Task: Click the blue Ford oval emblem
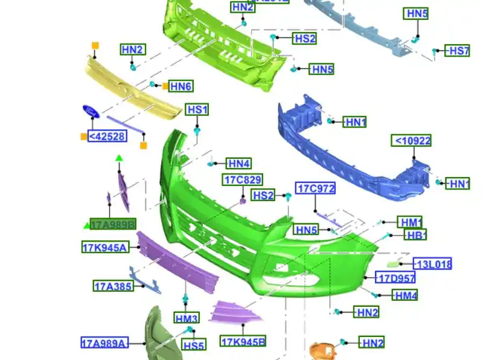(x=91, y=111)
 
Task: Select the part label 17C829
(x=243, y=179)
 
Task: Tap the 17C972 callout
(x=316, y=188)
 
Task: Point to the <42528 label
(x=107, y=137)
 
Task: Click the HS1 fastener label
(x=197, y=110)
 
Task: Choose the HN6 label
(x=181, y=86)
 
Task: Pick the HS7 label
(x=458, y=51)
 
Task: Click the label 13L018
(x=432, y=263)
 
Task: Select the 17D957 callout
(x=396, y=278)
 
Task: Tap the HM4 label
(x=404, y=295)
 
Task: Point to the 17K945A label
(x=105, y=246)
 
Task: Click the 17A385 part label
(x=113, y=286)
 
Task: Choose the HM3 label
(x=187, y=318)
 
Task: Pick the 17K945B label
(x=243, y=342)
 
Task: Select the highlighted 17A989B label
(x=113, y=224)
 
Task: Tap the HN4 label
(x=238, y=163)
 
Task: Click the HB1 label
(x=415, y=235)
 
